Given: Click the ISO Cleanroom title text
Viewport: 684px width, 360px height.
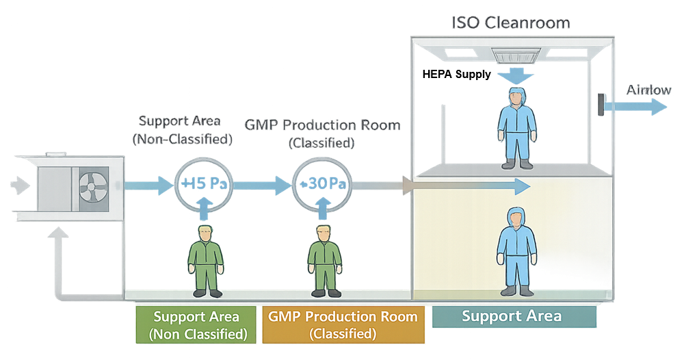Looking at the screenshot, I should pos(511,23).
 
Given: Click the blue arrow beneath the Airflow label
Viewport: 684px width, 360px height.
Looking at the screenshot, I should pos(636,107).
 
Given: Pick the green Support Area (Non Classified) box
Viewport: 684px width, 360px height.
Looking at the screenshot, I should pos(196,325).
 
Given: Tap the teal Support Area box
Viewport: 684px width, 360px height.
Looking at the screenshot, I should pos(512,316).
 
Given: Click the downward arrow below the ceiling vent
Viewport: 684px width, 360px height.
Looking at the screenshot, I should pos(517,74).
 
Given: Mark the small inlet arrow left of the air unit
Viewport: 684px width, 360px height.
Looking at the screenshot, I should pos(16,184).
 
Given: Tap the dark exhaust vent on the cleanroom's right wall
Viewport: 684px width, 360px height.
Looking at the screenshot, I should pos(601,105).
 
